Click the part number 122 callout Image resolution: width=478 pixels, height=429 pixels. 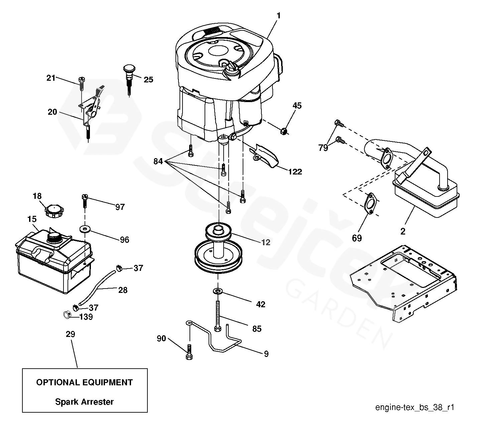coord(295,172)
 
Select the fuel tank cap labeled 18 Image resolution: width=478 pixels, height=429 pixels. coord(53,211)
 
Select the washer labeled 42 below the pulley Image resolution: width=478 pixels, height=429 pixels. coord(218,292)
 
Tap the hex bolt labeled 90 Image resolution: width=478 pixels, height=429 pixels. coord(189,352)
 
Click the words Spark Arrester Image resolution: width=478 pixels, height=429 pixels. coord(84,402)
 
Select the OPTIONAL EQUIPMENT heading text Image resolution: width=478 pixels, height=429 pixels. coord(84,382)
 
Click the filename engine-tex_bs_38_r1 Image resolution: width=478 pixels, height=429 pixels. coord(414,407)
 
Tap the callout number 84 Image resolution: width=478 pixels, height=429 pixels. coord(158,161)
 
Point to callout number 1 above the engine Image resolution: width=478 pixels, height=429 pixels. coord(278,16)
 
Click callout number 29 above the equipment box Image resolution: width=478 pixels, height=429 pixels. coord(71,334)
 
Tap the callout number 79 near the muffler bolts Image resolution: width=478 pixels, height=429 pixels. coord(323,147)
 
